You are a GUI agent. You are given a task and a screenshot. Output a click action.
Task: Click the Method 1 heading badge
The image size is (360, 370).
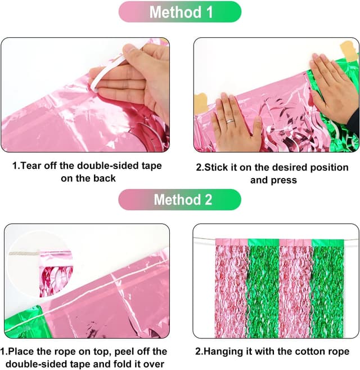coord(180,12)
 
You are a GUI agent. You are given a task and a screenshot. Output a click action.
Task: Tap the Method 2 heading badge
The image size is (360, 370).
coord(179,199)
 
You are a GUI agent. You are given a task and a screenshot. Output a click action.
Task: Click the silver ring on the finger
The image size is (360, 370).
coord(230,121)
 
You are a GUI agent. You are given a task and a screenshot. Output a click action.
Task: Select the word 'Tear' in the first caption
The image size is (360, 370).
coord(30,166)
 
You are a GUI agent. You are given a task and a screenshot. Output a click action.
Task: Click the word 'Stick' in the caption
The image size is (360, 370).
coord(217,167)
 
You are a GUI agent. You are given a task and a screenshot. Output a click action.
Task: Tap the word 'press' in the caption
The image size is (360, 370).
coord(283,181)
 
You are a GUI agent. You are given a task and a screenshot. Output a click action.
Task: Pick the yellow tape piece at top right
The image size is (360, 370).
coord(349,51)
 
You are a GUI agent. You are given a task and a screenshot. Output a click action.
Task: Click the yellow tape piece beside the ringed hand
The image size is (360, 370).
coord(200,102)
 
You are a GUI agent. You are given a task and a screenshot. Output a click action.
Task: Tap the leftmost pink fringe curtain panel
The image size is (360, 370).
coord(232,288)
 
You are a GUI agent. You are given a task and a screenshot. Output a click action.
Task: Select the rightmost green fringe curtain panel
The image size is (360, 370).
coord(328,288)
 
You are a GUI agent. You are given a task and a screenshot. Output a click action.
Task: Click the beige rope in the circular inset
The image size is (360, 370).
coord(24,253)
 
